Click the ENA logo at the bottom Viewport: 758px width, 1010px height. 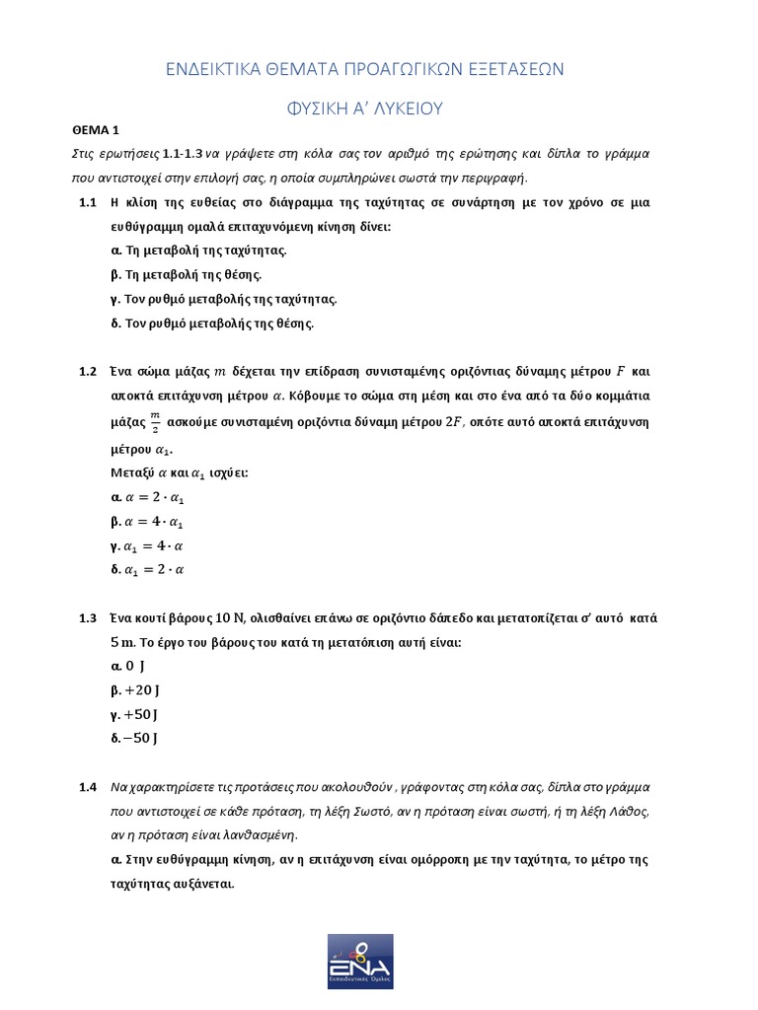[x=360, y=961]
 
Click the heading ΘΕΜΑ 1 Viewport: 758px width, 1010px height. [x=95, y=129]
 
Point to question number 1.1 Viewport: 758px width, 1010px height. [x=87, y=202]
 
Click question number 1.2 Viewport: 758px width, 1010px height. [x=87, y=372]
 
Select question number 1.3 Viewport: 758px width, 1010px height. [x=87, y=618]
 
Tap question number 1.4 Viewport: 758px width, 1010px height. [x=87, y=787]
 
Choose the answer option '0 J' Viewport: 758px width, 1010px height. [x=129, y=667]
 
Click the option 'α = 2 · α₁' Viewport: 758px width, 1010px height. [x=148, y=499]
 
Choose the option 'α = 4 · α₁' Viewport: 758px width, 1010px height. [x=148, y=522]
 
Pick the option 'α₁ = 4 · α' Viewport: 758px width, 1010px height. [x=149, y=545]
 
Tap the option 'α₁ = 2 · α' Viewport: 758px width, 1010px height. [x=149, y=569]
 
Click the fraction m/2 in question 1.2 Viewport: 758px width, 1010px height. [x=154, y=422]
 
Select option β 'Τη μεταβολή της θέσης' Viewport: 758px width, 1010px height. [x=187, y=275]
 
